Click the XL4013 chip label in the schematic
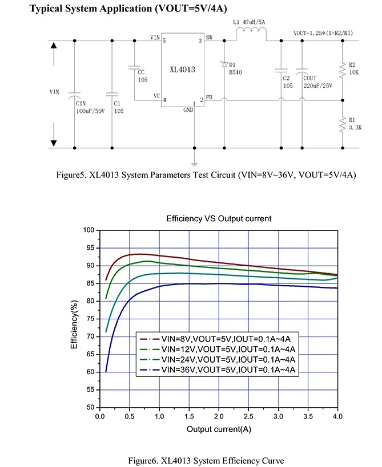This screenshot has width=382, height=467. point(183,70)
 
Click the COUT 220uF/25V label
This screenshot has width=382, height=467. point(317,82)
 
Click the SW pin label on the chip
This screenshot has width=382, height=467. point(209,38)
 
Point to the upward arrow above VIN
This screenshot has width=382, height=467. point(54,47)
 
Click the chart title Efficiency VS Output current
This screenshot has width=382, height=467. point(219,218)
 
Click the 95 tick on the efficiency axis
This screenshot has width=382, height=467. point(89,248)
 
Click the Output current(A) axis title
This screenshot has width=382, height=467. point(219,428)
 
